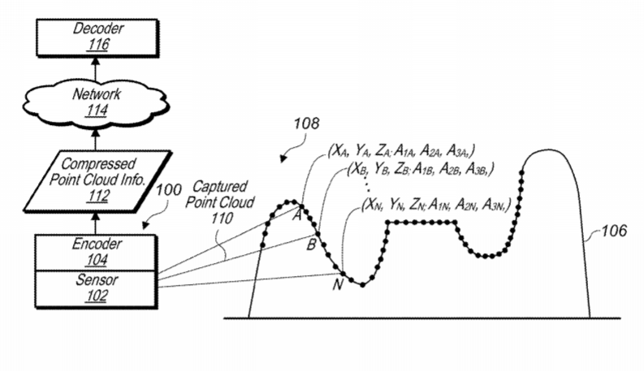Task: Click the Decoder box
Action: point(97,38)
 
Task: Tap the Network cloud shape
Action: point(96,102)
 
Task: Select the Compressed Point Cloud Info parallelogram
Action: point(97,181)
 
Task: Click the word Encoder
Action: point(97,244)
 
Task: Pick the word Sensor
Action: point(97,280)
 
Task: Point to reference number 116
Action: point(97,45)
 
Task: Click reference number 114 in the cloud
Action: point(97,110)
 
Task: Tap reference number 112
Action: point(97,196)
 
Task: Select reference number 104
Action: point(97,259)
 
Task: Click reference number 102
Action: point(97,296)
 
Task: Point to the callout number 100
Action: point(168,190)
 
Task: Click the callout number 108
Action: point(306,123)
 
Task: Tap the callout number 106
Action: point(615,231)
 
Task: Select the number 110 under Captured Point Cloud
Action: point(223,218)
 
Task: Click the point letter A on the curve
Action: point(296,215)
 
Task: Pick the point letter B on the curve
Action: point(311,245)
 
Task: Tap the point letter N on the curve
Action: point(338,284)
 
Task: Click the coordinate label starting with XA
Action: point(401,151)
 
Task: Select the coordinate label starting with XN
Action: point(436,205)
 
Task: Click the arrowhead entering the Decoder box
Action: point(96,61)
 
